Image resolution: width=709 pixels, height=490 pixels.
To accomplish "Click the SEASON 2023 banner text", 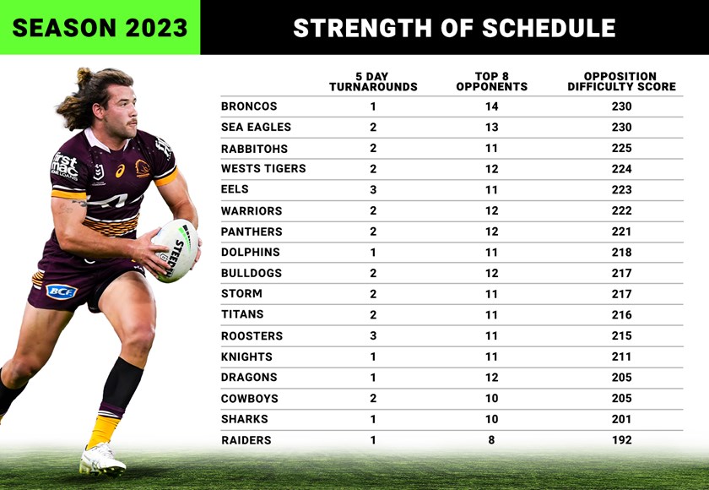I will (100, 28).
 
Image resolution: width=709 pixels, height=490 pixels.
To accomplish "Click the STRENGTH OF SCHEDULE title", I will (454, 28).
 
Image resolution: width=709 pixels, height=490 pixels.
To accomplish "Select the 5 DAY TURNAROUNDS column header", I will (373, 81).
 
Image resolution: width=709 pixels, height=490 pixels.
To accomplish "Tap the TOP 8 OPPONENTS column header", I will (491, 81).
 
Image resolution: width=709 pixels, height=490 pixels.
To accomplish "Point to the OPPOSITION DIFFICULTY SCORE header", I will (621, 81).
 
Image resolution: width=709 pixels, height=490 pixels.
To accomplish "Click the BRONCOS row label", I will (249, 106).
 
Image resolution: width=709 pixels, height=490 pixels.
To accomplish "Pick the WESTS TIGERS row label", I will (263, 169).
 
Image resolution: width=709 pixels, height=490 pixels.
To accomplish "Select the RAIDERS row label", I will (246, 440).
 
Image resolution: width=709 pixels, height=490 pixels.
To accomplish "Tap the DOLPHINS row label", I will (251, 252).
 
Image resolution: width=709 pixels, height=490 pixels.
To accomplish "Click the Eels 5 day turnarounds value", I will (373, 190).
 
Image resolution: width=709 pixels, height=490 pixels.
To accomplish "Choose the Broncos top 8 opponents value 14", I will (491, 106).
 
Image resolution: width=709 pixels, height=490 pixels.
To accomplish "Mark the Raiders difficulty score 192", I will (621, 440).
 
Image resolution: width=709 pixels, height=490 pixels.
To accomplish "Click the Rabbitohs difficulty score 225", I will (621, 148).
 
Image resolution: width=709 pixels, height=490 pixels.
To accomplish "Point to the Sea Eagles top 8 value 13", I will (491, 128).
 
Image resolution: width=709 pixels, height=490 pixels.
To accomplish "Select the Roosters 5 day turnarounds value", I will (373, 335).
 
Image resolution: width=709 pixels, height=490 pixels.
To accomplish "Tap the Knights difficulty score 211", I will (621, 357).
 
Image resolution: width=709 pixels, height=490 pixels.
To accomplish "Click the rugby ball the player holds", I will (175, 249).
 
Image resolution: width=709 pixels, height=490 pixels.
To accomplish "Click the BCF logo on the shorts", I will (61, 291).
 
